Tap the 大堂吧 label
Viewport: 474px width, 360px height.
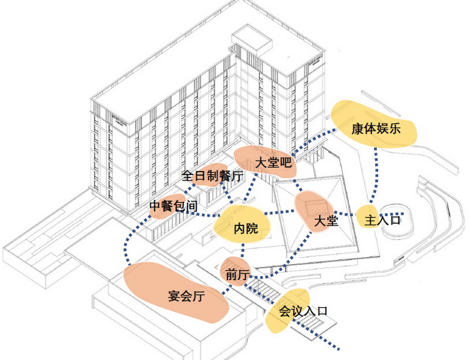pyautogui.click(x=272, y=163)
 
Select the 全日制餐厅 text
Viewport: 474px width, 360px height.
pyautogui.click(x=212, y=176)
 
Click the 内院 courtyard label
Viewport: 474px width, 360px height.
pyautogui.click(x=245, y=229)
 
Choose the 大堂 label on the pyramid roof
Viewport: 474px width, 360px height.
pyautogui.click(x=326, y=221)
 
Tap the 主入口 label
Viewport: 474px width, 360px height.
pyautogui.click(x=383, y=220)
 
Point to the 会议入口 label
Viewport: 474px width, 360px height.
pyautogui.click(x=302, y=312)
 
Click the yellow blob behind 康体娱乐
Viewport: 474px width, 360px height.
pyautogui.click(x=349, y=112)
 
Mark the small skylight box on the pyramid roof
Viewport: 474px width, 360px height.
pyautogui.click(x=315, y=205)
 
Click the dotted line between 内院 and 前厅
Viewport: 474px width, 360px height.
pyautogui.click(x=242, y=250)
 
